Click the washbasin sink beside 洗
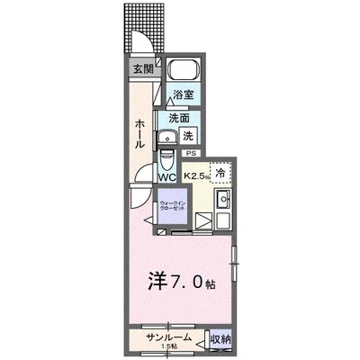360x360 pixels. click(x=167, y=138)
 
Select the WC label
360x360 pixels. click(x=168, y=176)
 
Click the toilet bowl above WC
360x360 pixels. click(x=167, y=160)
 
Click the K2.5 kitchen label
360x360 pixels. click(x=195, y=176)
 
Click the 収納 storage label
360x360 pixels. click(x=220, y=339)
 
